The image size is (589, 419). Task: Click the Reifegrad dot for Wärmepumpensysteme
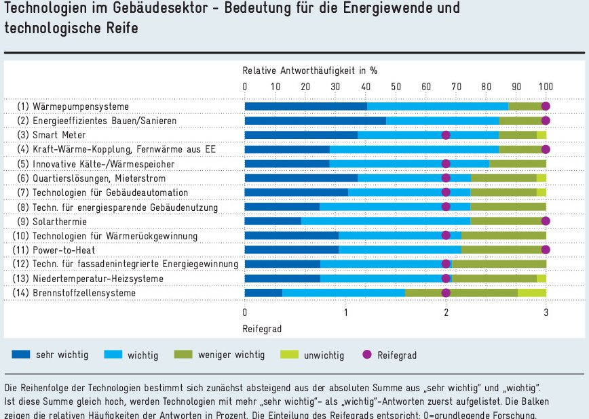[x=546, y=106]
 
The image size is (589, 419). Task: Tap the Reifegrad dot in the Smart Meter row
[x=446, y=135]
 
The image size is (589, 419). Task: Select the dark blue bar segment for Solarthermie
[x=273, y=221]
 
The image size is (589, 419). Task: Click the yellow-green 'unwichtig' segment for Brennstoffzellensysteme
[x=532, y=293]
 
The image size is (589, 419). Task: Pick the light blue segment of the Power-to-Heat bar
[x=400, y=250]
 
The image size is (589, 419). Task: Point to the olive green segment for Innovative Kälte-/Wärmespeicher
[x=518, y=163]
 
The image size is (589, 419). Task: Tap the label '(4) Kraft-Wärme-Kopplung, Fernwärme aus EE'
[x=117, y=149]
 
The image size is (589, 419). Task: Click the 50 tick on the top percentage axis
[x=396, y=87]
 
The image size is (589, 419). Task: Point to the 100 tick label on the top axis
[x=546, y=87]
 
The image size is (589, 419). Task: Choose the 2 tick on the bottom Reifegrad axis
[x=446, y=313]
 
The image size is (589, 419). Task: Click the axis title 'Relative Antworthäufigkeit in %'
[x=310, y=71]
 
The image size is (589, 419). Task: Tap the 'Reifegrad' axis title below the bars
[x=262, y=329]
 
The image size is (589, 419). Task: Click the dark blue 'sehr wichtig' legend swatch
[x=21, y=354]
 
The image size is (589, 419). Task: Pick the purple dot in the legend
[x=367, y=355]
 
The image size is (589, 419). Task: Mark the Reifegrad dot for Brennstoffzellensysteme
[x=446, y=293]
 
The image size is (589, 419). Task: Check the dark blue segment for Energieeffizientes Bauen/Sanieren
[x=315, y=121]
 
